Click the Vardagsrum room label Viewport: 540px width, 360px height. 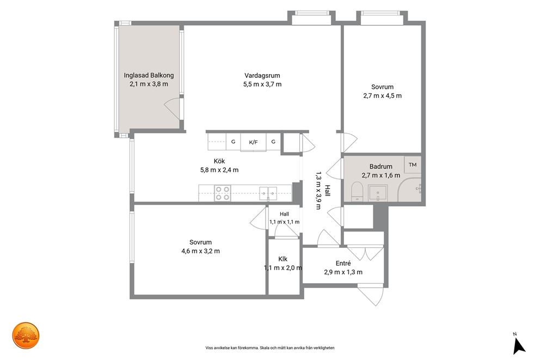click(262, 76)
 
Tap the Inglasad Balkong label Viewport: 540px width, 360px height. click(149, 75)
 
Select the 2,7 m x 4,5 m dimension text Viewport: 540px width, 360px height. click(382, 95)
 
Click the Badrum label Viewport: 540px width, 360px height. click(381, 167)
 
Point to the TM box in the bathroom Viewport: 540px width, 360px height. click(413, 164)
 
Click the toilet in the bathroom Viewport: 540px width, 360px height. click(357, 192)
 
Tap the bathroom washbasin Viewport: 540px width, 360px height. click(378, 193)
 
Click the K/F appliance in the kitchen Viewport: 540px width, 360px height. click(253, 142)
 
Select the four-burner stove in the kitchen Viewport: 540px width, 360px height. click(223, 193)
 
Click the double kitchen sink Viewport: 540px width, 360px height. click(268, 193)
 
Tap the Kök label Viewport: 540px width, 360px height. click(219, 161)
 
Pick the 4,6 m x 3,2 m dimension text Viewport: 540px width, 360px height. click(200, 251)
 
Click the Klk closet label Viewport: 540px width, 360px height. click(283, 259)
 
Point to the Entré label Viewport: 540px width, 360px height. click(343, 263)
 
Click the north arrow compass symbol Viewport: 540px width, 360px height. click(518, 345)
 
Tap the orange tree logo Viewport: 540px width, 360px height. click(26, 335)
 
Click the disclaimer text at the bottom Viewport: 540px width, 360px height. click(270, 348)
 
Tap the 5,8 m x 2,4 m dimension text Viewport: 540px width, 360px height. click(219, 170)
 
